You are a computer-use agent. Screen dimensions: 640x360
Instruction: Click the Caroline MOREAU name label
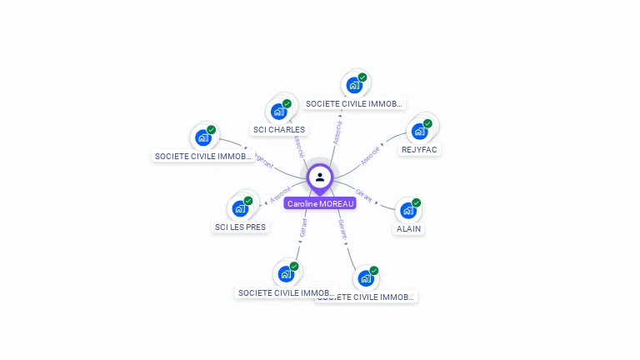click(x=320, y=203)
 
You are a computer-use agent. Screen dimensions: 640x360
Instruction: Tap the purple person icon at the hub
click(x=320, y=177)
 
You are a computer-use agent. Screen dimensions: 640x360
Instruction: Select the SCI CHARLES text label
click(x=279, y=129)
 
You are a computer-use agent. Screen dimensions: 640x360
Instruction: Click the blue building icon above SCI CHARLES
click(x=278, y=112)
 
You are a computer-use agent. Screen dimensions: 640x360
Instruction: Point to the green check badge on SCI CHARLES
click(x=287, y=104)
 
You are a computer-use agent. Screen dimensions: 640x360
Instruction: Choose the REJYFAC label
click(x=420, y=150)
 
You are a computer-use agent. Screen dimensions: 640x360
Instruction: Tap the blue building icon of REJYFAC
click(x=419, y=132)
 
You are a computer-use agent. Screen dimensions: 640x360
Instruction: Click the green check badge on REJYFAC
click(x=427, y=123)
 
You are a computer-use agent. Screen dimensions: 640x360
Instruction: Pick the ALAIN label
click(x=408, y=228)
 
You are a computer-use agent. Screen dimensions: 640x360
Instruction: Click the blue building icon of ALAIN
click(x=408, y=210)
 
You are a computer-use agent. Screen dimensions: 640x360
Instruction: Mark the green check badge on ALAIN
click(x=417, y=202)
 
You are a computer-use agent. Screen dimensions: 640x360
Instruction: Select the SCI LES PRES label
click(x=240, y=227)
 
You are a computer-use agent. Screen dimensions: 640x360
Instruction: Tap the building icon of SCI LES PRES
click(x=240, y=208)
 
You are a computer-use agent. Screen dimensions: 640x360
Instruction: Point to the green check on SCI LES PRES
click(x=248, y=201)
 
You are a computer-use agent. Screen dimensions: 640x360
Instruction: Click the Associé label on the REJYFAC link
click(x=370, y=155)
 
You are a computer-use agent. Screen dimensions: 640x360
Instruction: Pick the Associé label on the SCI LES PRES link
click(x=281, y=194)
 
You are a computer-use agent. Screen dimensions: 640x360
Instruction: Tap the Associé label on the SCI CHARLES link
click(x=300, y=146)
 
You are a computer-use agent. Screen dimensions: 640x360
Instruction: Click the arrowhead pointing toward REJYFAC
click(x=383, y=142)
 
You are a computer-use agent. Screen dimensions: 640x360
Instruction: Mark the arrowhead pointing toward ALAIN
click(x=377, y=202)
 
